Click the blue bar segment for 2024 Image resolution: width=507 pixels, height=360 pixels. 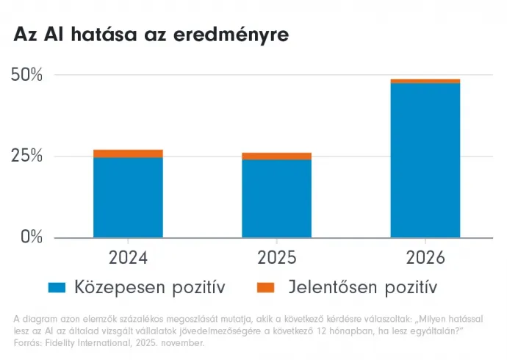point(129,197)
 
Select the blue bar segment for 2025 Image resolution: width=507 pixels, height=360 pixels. point(277,198)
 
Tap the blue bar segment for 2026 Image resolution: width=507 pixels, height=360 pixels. point(425,160)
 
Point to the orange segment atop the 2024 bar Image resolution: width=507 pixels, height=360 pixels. point(129,154)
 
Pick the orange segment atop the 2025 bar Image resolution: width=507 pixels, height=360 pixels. point(277,156)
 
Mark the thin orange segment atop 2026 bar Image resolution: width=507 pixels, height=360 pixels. point(425,81)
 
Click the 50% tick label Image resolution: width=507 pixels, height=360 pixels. point(27,75)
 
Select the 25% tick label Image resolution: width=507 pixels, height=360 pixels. point(27,156)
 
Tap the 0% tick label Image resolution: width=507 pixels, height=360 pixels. point(31,237)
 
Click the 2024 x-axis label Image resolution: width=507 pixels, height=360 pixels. point(129,258)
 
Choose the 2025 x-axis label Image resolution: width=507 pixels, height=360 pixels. point(277,258)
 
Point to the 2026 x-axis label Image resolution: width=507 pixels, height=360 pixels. point(425,258)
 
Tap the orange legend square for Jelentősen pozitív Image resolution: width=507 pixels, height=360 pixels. point(266,287)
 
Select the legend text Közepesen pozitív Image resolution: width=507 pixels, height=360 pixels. point(149,287)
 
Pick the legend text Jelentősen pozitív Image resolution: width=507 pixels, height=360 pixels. point(362,287)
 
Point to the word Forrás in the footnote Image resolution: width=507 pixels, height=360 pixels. point(26,342)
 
